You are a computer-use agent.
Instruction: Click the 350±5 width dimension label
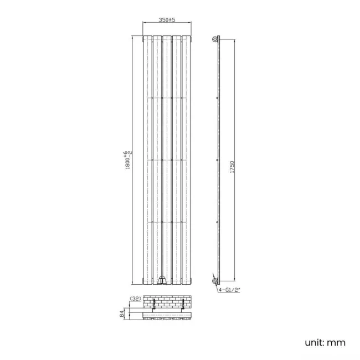click(167, 20)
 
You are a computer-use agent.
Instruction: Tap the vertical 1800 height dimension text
click(128, 161)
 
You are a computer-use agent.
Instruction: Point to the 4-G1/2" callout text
click(229, 288)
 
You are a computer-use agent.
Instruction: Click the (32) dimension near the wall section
click(135, 299)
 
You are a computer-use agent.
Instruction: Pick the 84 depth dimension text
click(123, 315)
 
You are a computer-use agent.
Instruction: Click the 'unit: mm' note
click(325, 342)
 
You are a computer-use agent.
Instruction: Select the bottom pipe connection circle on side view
click(215, 282)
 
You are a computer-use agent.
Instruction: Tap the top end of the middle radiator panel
click(167, 38)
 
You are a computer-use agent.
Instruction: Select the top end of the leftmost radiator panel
click(147, 38)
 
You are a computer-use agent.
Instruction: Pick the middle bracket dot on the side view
click(217, 160)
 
